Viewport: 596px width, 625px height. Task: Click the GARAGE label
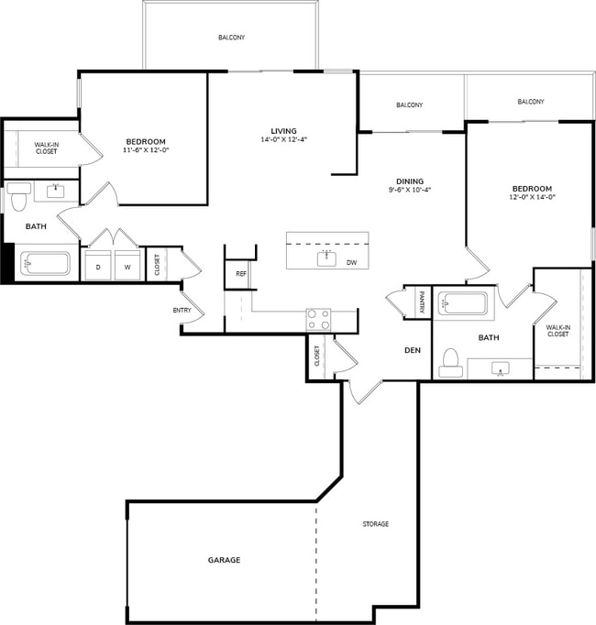point(223,560)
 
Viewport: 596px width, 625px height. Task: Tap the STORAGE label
point(375,524)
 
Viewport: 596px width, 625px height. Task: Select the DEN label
point(413,350)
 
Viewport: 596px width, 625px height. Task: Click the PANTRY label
point(422,302)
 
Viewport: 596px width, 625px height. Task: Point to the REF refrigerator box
point(240,274)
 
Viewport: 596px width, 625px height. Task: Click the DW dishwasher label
point(352,262)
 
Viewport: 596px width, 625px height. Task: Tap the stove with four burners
point(318,320)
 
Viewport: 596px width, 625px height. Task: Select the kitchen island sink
point(326,258)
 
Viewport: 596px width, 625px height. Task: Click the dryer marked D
point(98,265)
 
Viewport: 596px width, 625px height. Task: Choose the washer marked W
point(127,265)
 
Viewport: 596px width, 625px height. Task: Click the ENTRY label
point(182,310)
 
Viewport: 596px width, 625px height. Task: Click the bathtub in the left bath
point(45,264)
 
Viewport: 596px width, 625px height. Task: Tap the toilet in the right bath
point(450,362)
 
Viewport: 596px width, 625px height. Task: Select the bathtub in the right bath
point(466,302)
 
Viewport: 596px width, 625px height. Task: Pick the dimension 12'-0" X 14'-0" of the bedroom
point(534,197)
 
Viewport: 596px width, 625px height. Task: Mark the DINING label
point(409,181)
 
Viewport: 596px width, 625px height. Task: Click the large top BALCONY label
point(231,38)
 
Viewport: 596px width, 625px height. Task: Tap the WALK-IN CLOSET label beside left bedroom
point(46,148)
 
